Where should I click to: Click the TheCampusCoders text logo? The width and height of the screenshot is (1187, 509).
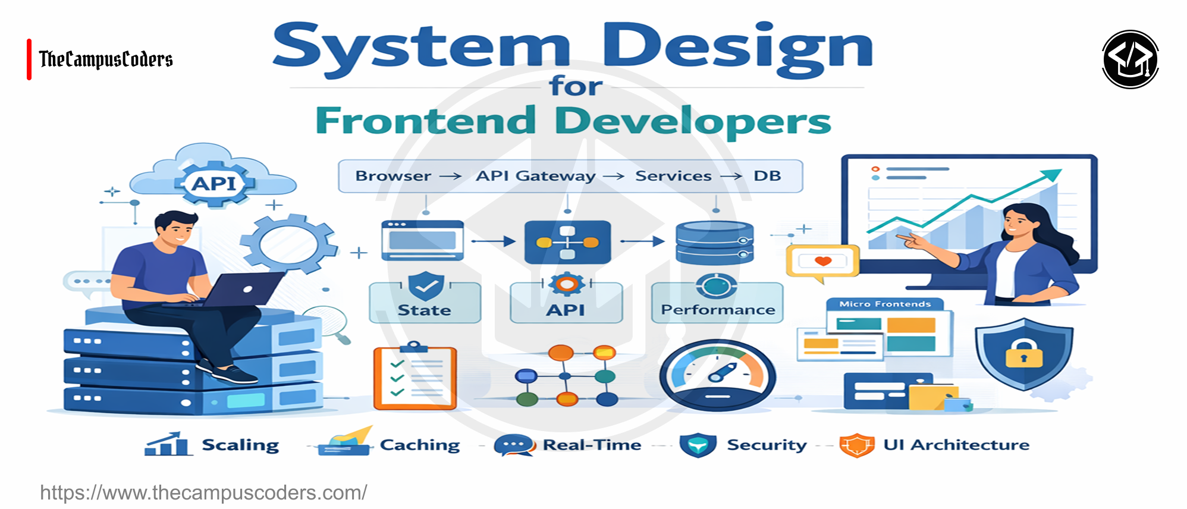[106, 59]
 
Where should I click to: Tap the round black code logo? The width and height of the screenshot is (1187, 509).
[1130, 59]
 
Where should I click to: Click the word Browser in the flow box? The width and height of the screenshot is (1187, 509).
[393, 176]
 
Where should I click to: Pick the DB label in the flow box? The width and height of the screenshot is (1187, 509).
[767, 176]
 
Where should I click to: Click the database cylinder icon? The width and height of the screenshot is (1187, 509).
[714, 243]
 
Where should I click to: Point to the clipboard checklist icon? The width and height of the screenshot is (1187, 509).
[414, 378]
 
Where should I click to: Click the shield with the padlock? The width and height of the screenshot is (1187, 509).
[1023, 354]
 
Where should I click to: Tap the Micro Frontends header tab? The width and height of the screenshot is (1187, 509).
[884, 304]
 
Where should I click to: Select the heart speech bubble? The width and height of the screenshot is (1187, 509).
[822, 262]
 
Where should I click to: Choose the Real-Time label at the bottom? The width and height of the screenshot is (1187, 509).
[592, 445]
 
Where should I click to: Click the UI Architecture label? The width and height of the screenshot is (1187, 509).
[956, 445]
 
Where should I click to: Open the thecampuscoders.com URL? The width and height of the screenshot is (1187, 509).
[203, 492]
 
